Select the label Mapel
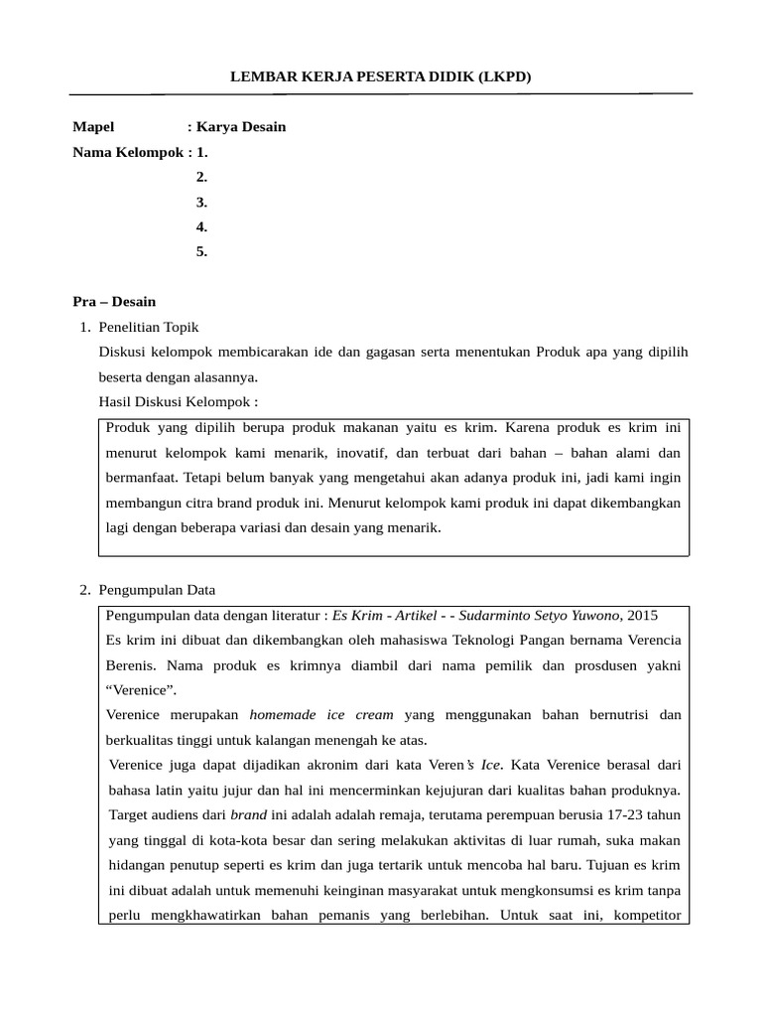(x=94, y=127)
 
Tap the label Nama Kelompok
(x=129, y=152)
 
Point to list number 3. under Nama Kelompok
(x=201, y=202)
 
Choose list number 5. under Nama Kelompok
(x=201, y=251)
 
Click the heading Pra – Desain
(x=114, y=301)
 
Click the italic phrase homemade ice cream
(x=321, y=714)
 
